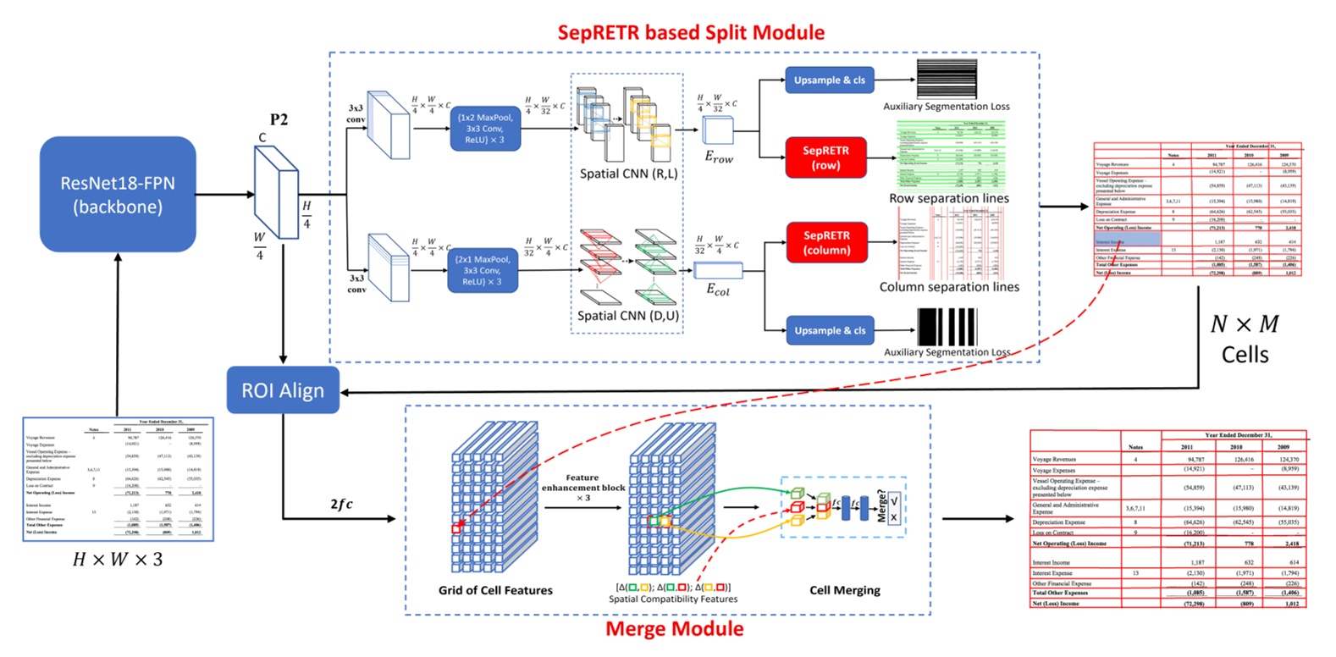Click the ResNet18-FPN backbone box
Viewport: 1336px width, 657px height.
118,194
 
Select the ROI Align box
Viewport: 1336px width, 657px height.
283,390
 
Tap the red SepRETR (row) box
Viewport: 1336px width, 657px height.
825,157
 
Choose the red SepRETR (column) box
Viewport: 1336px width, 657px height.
826,242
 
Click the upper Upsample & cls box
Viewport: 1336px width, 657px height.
829,80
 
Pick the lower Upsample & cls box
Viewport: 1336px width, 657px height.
829,330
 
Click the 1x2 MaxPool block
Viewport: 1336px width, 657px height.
484,128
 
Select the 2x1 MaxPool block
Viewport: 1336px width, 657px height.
482,270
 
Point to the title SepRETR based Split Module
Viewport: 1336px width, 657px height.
690,33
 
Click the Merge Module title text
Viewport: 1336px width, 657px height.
674,629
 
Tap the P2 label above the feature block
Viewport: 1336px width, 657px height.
279,120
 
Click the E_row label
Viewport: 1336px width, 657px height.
719,157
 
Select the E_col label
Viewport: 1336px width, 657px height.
718,290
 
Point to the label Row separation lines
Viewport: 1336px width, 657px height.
948,198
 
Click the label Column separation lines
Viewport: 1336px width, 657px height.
948,287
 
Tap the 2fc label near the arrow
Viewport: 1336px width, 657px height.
341,504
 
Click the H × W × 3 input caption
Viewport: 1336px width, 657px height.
118,560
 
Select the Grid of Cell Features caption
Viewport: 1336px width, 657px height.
495,590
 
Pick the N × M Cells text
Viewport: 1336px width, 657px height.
1245,339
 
